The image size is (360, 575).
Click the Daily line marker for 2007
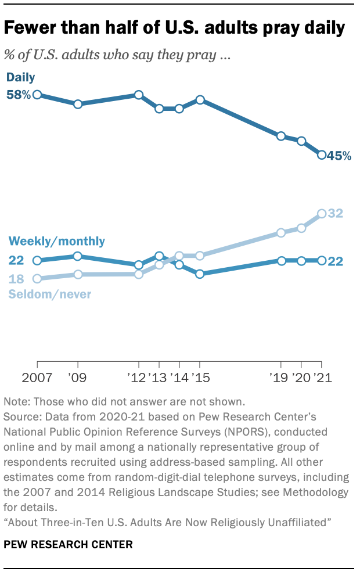37,94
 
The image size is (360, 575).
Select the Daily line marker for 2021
322,154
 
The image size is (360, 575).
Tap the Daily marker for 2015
200,99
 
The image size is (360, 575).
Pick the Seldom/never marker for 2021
322,214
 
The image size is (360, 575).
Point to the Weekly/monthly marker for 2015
200,274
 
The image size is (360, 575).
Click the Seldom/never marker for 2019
281,232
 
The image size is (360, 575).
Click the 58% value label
18,94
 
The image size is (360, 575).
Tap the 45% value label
339,156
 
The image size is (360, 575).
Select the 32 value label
336,213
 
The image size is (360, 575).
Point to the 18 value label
16,279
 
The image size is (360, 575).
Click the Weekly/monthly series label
56,241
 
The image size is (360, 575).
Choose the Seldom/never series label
49,294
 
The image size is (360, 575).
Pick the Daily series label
21,77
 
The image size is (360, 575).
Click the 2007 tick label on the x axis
37,378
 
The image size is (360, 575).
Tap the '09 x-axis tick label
78,378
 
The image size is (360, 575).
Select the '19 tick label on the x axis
280,378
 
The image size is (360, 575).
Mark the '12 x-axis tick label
138,378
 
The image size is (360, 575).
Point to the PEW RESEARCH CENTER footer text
69,545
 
